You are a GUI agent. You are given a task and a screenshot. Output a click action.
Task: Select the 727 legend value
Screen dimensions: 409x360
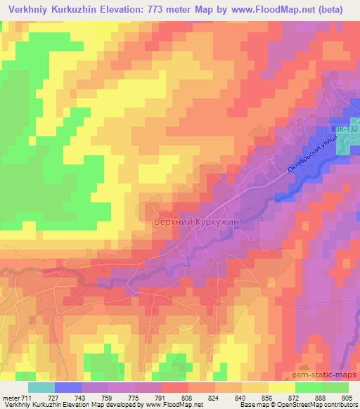tap(53, 397)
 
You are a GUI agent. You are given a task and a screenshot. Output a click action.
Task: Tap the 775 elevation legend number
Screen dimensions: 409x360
tap(133, 397)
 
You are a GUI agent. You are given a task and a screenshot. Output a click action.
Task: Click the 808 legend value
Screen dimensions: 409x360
tap(187, 397)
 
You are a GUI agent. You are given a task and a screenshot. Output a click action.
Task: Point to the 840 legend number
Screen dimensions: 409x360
tap(240, 397)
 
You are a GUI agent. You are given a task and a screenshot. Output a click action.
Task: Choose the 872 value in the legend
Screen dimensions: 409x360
tap(295, 397)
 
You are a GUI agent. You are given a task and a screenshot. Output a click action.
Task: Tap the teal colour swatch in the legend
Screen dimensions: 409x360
tap(41, 387)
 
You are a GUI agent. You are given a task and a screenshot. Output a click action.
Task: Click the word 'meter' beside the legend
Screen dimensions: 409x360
tap(9, 397)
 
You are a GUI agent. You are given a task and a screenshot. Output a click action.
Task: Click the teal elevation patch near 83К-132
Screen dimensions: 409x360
tap(347, 143)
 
